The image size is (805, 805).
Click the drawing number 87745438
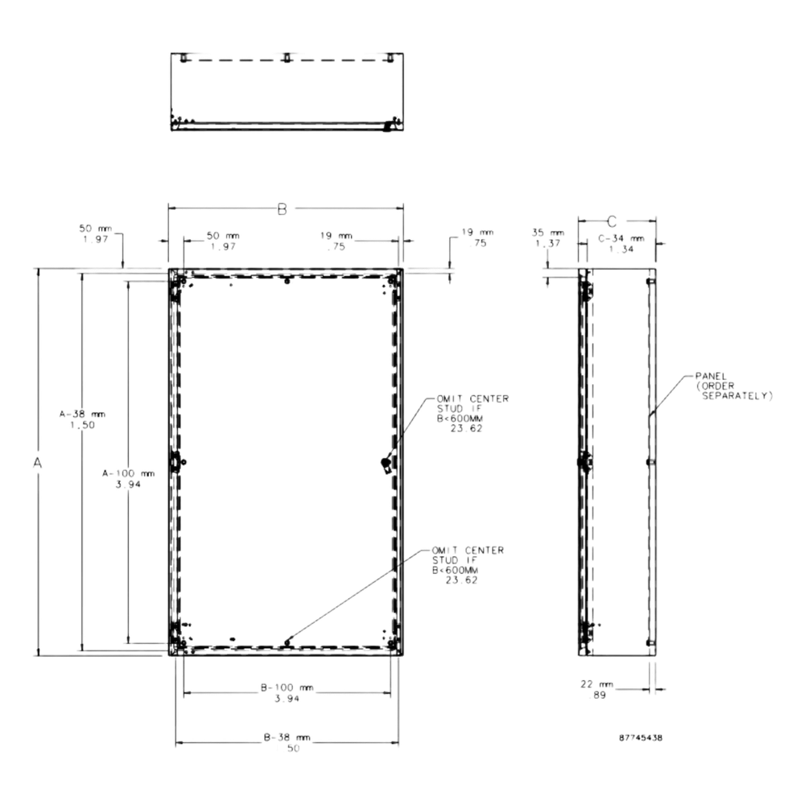point(640,737)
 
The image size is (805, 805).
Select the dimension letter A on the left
point(38,463)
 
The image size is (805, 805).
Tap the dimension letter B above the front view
point(283,209)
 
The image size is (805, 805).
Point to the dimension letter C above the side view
point(612,222)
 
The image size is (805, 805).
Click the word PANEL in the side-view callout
point(711,376)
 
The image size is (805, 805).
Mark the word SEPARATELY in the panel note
point(737,396)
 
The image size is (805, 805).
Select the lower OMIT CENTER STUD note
point(468,565)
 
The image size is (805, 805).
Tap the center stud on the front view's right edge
point(386,464)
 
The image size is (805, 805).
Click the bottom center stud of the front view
point(287,642)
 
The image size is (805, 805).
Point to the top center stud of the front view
point(287,281)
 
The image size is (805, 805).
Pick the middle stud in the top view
point(287,57)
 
